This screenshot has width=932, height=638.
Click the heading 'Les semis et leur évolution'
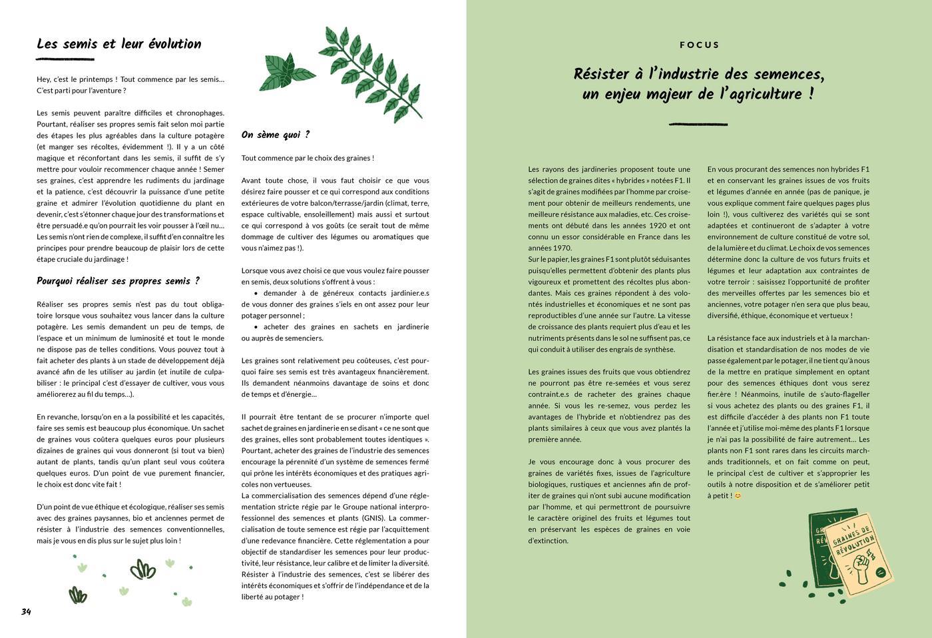(118, 44)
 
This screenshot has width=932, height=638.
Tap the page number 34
(26, 611)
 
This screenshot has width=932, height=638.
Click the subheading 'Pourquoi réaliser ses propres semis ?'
(118, 281)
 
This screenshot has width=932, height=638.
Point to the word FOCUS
(699, 45)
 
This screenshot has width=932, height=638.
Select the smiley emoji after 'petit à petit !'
(738, 495)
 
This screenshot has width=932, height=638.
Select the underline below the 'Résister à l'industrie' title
(698, 124)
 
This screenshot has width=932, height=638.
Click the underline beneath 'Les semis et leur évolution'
(65, 60)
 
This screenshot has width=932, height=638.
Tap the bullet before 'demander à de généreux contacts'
(256, 293)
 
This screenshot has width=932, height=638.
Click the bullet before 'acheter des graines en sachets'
(256, 327)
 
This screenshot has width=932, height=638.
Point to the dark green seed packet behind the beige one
(819, 553)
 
